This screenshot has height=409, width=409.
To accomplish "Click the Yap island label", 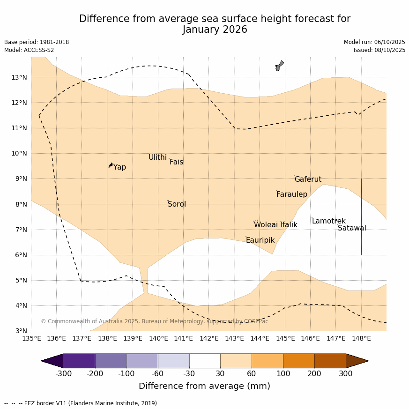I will [x=119, y=167].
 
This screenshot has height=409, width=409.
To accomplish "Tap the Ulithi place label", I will [x=157, y=157].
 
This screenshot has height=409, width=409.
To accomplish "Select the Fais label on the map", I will [x=176, y=162].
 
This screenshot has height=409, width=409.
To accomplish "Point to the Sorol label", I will [x=177, y=204].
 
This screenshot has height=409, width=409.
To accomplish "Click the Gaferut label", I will [x=308, y=179].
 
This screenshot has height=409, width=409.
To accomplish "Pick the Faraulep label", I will [x=291, y=194].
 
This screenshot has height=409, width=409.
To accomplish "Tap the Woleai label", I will [x=266, y=225].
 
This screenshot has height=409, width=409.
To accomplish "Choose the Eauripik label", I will [x=260, y=240].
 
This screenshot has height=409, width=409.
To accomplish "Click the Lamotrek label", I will [x=328, y=221].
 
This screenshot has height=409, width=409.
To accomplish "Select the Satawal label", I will [x=352, y=228].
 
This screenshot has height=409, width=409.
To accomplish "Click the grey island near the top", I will [x=279, y=66].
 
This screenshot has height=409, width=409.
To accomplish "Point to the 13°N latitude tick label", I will [x=19, y=77].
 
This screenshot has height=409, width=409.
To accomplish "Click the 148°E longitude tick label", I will [x=361, y=338].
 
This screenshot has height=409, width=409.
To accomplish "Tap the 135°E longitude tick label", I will [x=31, y=338].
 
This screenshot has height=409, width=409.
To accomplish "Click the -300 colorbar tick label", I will [x=64, y=373].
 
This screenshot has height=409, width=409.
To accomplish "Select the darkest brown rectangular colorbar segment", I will [x=330, y=361].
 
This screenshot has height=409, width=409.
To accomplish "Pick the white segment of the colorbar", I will [x=205, y=361].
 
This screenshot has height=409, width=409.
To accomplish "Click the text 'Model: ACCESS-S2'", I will [x=29, y=50].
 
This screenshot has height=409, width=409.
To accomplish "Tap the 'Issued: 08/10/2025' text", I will [x=379, y=50].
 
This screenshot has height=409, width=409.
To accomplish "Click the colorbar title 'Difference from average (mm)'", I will [x=204, y=386].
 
